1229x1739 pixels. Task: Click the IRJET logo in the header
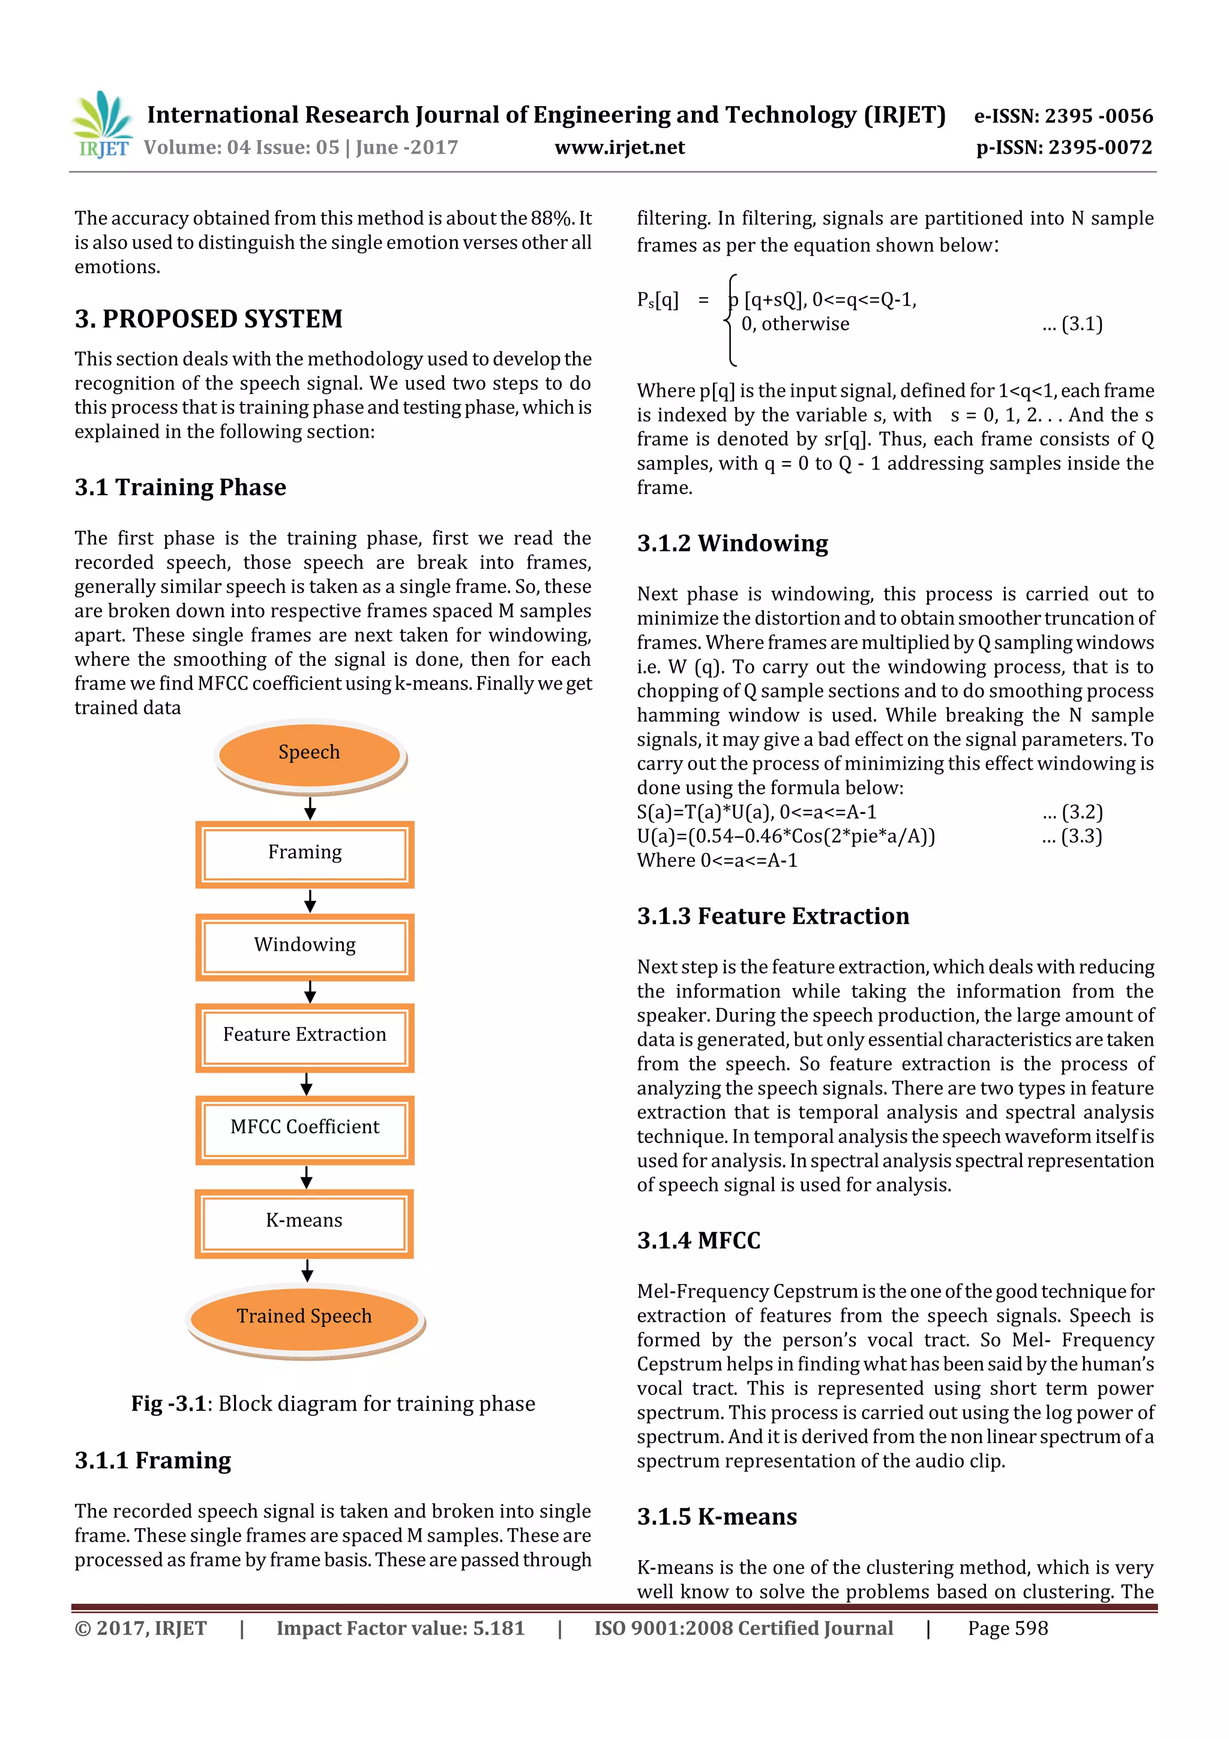pos(102,125)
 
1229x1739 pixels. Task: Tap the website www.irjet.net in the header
pos(619,147)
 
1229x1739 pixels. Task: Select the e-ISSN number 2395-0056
pos(1063,116)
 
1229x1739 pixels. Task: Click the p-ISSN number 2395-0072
pos(1064,147)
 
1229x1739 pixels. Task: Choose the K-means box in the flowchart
pos(304,1222)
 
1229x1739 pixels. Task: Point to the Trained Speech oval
pos(304,1317)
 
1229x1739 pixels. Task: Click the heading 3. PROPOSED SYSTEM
pos(208,319)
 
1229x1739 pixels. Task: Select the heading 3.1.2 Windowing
pos(732,543)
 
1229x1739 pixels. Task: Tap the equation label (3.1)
pos(1072,324)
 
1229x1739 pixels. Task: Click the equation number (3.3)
pos(1072,836)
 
